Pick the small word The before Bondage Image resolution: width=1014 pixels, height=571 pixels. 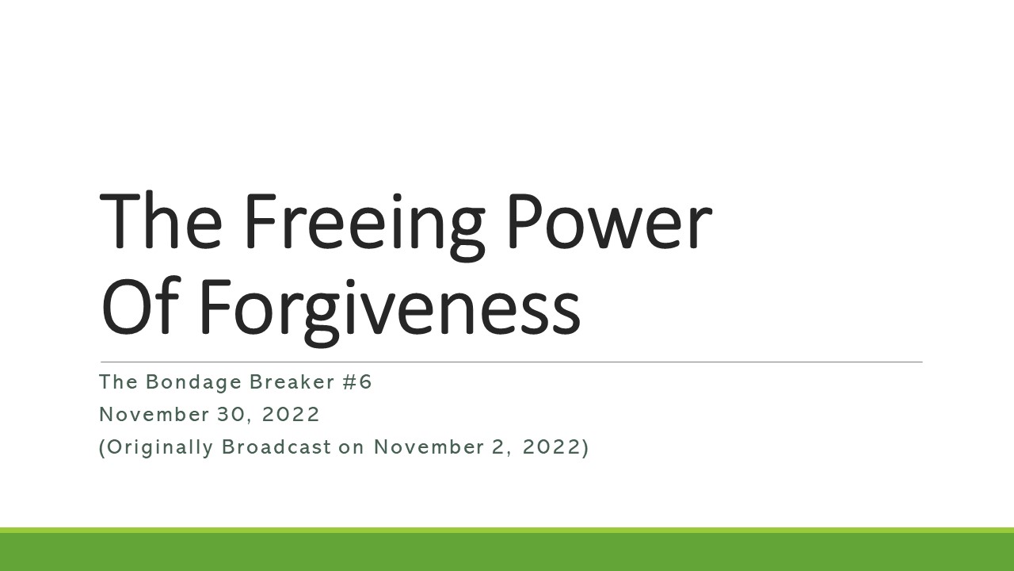pos(119,382)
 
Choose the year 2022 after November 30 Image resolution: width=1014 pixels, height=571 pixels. pos(289,415)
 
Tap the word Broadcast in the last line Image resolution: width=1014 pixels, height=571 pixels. pos(276,447)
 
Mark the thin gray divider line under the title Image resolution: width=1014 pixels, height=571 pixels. pos(511,362)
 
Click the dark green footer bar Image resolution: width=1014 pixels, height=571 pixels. pos(507,552)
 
